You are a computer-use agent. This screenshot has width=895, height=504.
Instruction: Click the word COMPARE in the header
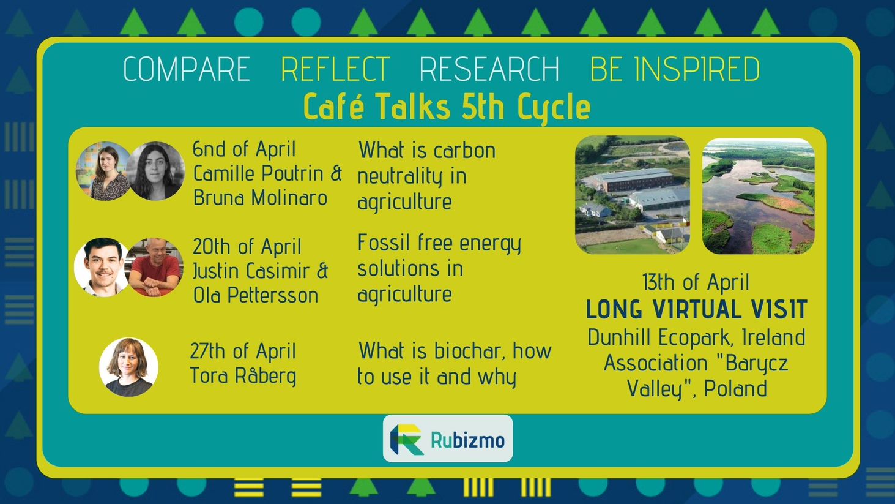[187, 69]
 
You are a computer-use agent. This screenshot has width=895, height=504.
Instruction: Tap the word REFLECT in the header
[335, 69]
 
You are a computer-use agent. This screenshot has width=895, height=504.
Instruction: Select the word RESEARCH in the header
[489, 69]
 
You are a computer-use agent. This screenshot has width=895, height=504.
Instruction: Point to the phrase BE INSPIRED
[675, 69]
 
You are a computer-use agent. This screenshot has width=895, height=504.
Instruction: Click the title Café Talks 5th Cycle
[447, 107]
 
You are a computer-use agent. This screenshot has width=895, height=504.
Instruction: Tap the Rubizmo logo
[448, 438]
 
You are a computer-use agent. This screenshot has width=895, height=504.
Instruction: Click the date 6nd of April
[244, 149]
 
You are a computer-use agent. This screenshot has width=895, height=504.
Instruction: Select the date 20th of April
[247, 246]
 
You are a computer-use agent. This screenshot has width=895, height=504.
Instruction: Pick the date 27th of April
[243, 351]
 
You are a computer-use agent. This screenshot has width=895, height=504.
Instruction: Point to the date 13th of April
[696, 282]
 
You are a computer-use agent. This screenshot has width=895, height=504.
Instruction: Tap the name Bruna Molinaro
[261, 198]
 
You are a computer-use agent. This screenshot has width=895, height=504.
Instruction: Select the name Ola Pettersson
[256, 296]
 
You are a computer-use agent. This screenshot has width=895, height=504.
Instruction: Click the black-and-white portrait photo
[156, 171]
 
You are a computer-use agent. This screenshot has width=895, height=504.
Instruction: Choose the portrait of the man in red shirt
[155, 267]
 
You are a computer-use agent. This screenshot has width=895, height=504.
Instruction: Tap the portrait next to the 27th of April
[128, 367]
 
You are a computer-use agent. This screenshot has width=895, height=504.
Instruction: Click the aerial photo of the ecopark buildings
[633, 195]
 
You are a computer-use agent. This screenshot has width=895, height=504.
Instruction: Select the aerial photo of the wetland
[759, 196]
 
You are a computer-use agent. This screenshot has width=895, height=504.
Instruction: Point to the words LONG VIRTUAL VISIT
[696, 310]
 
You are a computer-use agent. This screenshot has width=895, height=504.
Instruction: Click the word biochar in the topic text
[468, 351]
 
